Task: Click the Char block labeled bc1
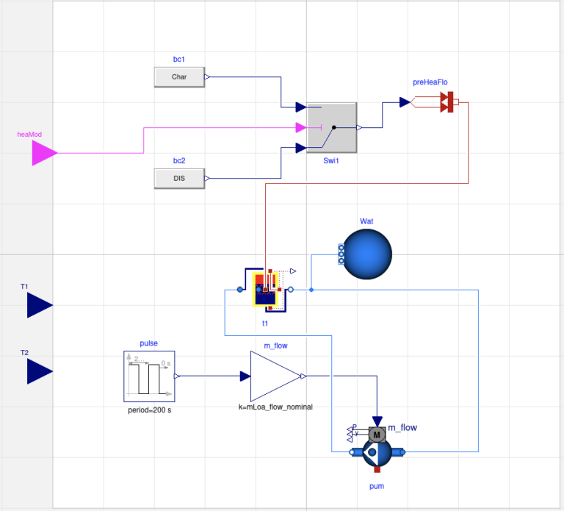pyautogui.click(x=179, y=76)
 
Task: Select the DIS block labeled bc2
pyautogui.click(x=179, y=178)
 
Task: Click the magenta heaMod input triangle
pyautogui.click(x=44, y=153)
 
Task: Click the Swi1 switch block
pyautogui.click(x=331, y=127)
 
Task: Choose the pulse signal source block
pyautogui.click(x=149, y=376)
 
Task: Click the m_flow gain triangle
pyautogui.click(x=275, y=376)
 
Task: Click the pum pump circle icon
pyautogui.click(x=376, y=455)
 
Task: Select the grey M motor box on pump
pyautogui.click(x=377, y=435)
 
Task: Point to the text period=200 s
pyautogui.click(x=150, y=410)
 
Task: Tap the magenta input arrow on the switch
pyautogui.click(x=301, y=128)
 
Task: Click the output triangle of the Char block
pyautogui.click(x=206, y=76)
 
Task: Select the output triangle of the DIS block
pyautogui.click(x=206, y=178)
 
